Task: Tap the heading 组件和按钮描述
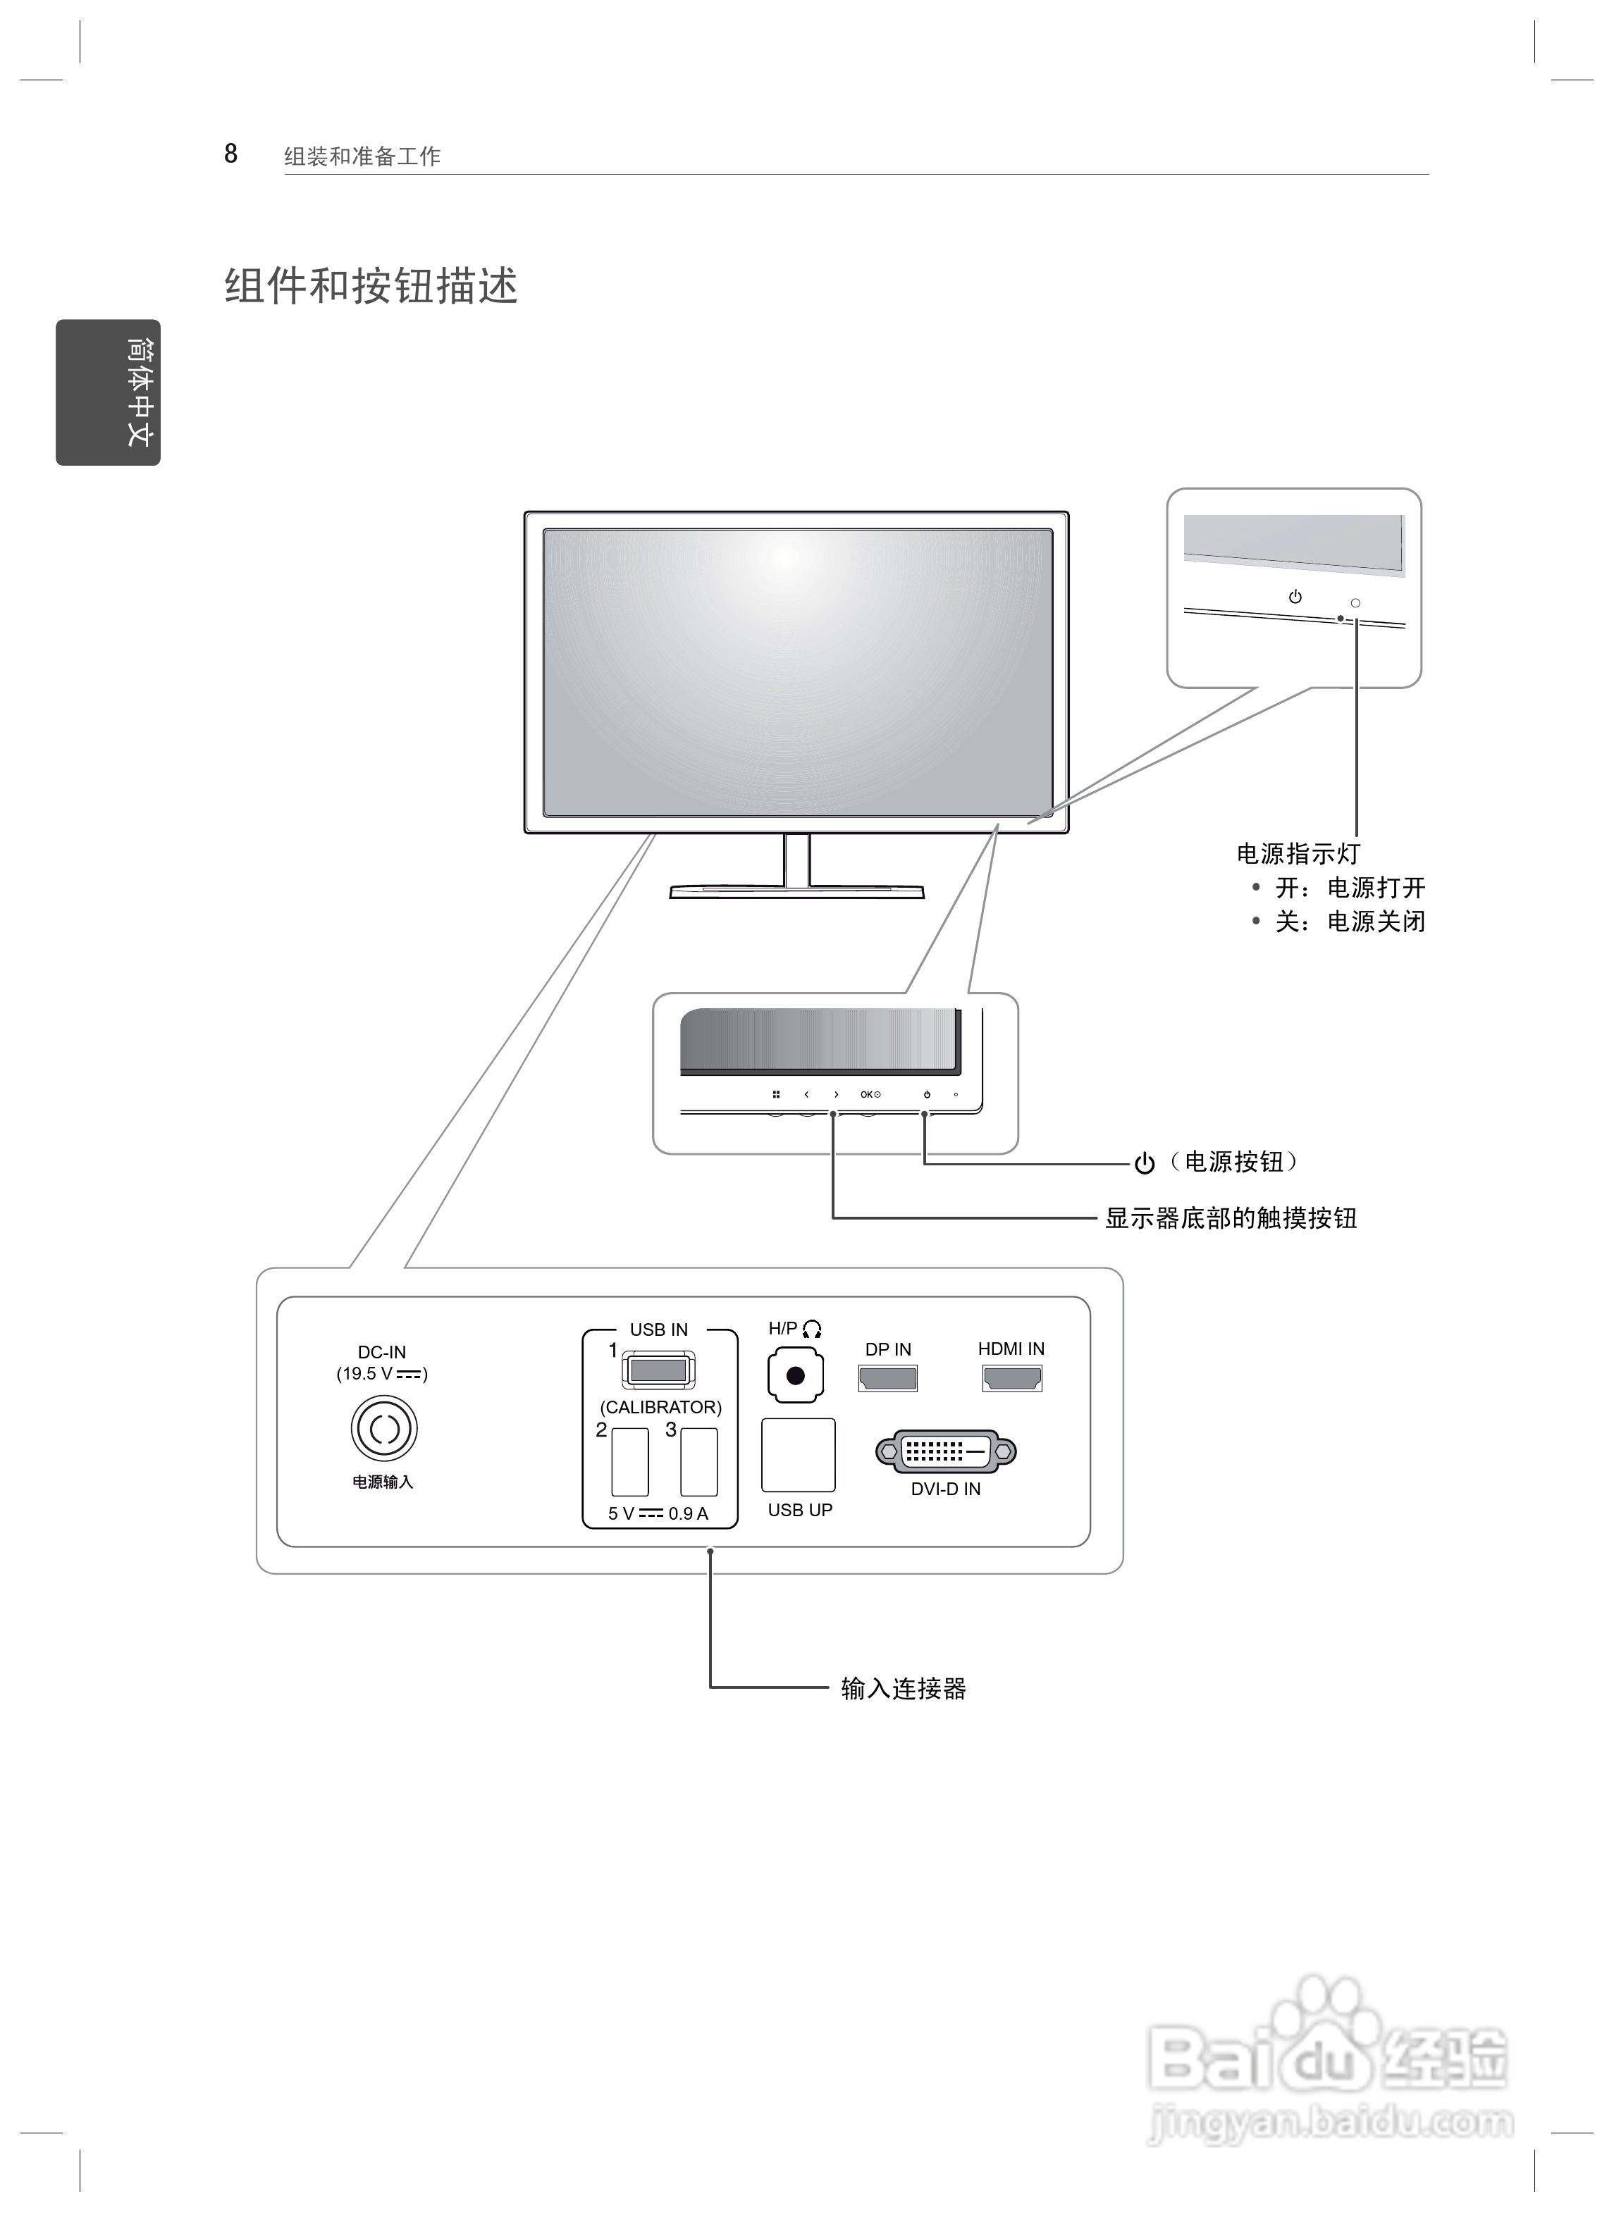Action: coord(371,286)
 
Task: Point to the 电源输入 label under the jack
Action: coord(383,1482)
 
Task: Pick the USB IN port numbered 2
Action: coord(630,1462)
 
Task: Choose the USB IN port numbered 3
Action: coord(698,1462)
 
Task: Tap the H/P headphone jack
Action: coord(795,1376)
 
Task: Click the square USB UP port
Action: coord(799,1455)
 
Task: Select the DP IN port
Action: coord(887,1378)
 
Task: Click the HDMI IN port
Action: coord(1012,1378)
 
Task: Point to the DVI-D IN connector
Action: coord(946,1451)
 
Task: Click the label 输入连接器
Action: coord(904,1689)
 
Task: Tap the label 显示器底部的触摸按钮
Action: coord(1231,1218)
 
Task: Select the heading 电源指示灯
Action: coord(1298,853)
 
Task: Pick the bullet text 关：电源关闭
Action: coord(1349,921)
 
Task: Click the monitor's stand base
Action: coord(796,891)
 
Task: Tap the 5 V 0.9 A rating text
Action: coord(658,1514)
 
